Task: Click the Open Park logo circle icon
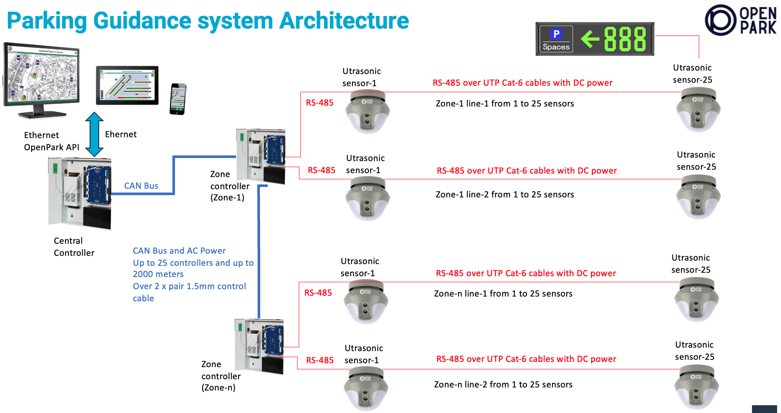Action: click(x=720, y=20)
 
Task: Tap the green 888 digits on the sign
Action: click(x=625, y=39)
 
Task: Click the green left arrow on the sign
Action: click(x=590, y=39)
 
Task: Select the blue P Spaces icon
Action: click(x=556, y=39)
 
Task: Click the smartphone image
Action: click(x=178, y=99)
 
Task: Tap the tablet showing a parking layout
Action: click(x=127, y=85)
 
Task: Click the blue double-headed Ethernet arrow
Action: click(x=94, y=134)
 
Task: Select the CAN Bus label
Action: click(x=141, y=186)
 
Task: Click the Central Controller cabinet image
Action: click(x=80, y=193)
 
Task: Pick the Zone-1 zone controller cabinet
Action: click(x=261, y=156)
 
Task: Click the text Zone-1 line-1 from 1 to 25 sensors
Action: click(x=504, y=103)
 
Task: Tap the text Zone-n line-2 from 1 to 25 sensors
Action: click(x=503, y=384)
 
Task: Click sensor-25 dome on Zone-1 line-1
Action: click(x=698, y=110)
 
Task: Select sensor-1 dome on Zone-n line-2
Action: click(x=366, y=388)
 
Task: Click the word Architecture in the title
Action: click(x=344, y=20)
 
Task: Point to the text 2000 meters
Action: click(x=158, y=274)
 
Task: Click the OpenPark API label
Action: click(x=52, y=147)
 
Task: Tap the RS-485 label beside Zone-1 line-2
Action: click(x=321, y=170)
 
